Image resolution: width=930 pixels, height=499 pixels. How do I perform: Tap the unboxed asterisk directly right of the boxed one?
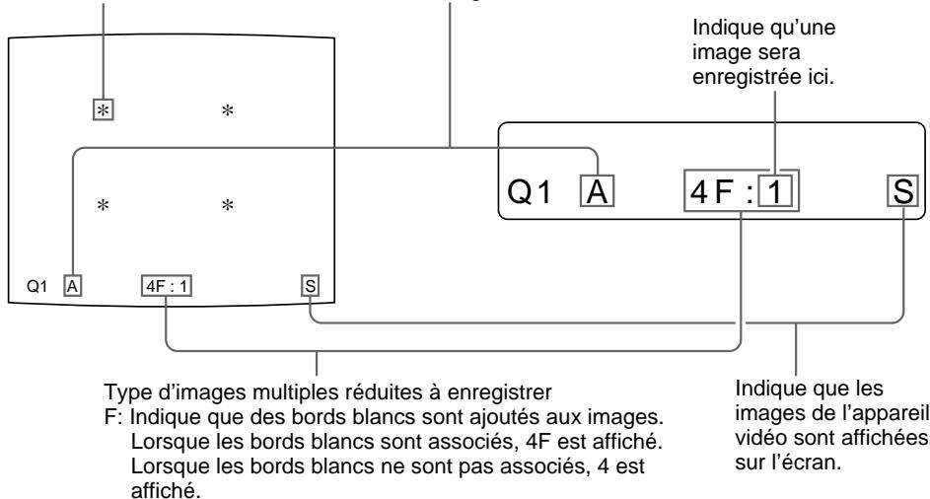(228, 109)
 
